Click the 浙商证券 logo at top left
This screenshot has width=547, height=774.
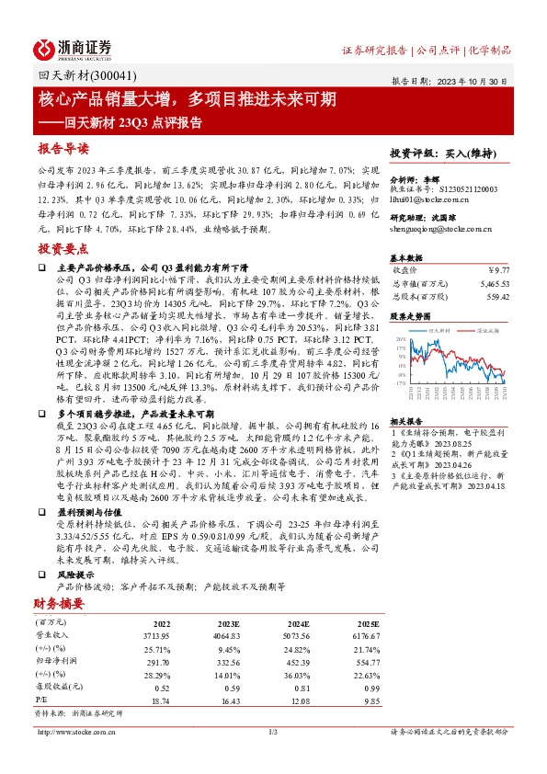pyautogui.click(x=73, y=49)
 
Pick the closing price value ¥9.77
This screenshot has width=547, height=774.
pyautogui.click(x=497, y=270)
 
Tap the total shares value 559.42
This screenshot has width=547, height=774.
pyautogui.click(x=496, y=297)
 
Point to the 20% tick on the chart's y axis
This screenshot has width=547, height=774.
pyautogui.click(x=401, y=340)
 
